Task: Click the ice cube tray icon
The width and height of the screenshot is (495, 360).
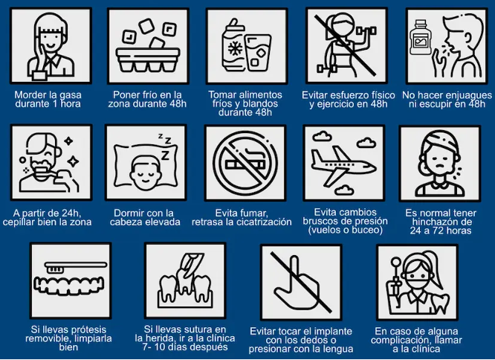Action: pos(146,48)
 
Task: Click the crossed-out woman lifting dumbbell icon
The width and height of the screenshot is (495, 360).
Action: pos(344,48)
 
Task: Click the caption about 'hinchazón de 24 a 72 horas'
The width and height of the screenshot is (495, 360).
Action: pos(439,222)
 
